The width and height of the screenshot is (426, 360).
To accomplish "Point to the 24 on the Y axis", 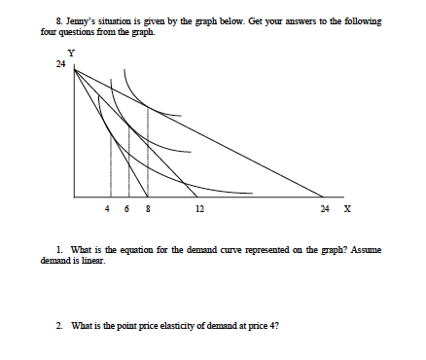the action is [60, 64].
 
